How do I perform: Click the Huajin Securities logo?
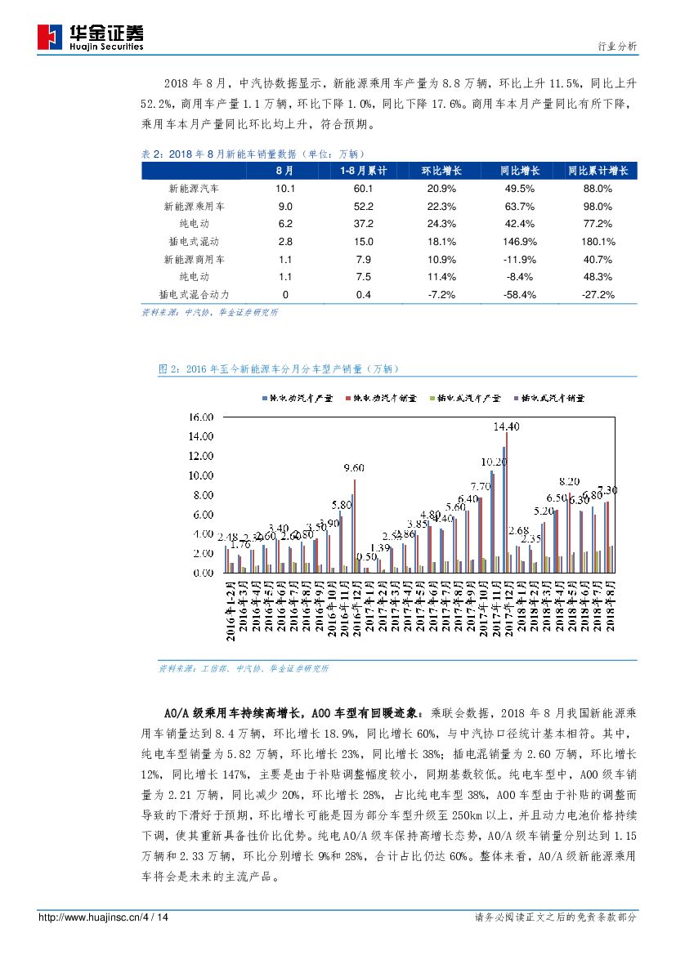click(x=91, y=36)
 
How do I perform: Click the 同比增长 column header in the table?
click(x=521, y=171)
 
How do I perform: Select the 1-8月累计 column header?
click(x=363, y=171)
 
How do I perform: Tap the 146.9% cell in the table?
click(x=521, y=242)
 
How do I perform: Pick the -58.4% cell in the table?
click(x=521, y=295)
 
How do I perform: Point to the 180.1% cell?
click(x=598, y=242)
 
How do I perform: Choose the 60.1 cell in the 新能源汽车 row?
click(x=363, y=189)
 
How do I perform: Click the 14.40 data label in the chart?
click(x=506, y=426)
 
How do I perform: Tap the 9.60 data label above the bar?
click(x=354, y=467)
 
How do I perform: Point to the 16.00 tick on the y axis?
click(x=202, y=417)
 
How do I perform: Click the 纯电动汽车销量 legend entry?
click(x=381, y=397)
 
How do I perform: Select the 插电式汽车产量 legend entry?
click(x=468, y=397)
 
